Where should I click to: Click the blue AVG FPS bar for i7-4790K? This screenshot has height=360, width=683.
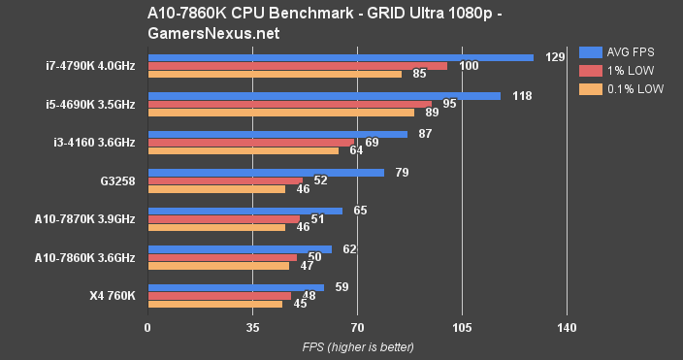coord(340,57)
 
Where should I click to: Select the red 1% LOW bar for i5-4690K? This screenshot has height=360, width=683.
coord(289,104)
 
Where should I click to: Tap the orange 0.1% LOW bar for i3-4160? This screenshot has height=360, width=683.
coord(243,150)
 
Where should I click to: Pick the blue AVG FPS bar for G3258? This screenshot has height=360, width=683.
coord(265,173)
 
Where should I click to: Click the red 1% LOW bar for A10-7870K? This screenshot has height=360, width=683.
coord(223,219)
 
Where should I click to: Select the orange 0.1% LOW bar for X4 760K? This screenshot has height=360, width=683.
coord(214,304)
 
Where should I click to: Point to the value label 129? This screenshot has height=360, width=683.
coord(555,57)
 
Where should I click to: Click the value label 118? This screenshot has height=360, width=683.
coord(522,96)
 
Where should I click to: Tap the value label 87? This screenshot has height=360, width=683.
coord(425,134)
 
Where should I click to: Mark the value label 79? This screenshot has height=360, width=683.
coord(401,173)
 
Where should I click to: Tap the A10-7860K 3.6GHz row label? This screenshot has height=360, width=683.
coord(84,257)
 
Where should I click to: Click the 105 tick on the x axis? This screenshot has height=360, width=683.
coord(462,328)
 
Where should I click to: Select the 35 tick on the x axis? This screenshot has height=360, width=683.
coord(252,328)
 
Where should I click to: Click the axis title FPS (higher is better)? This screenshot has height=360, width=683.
coord(357,346)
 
